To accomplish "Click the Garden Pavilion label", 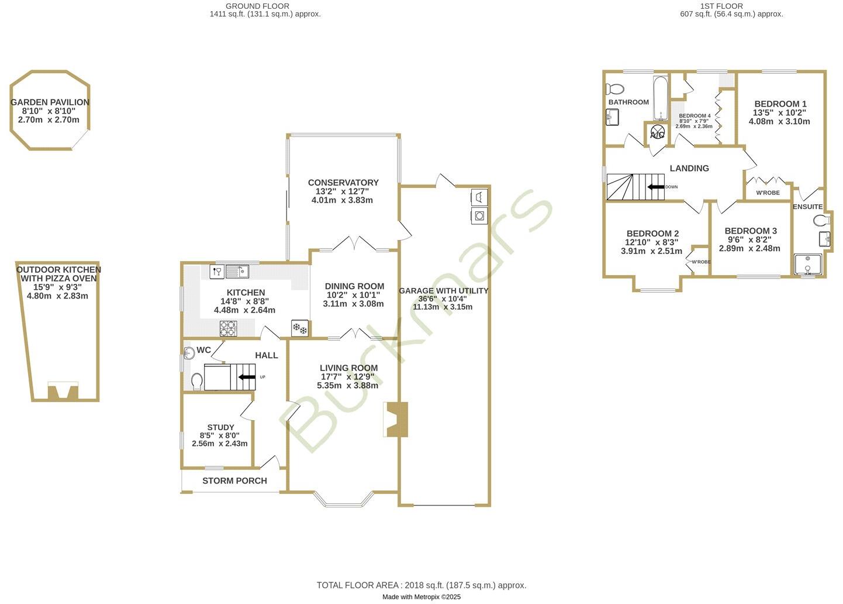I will (x=50, y=102).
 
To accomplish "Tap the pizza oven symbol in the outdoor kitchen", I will (x=62, y=390).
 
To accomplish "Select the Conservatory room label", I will (x=343, y=183).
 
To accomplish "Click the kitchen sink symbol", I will (x=237, y=272).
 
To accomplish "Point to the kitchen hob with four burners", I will (x=228, y=329).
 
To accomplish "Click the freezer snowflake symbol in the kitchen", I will (x=299, y=329).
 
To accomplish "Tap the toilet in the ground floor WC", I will (x=196, y=381).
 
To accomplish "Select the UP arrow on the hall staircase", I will (x=247, y=376).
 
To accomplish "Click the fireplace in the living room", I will (x=395, y=419).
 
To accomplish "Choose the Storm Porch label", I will (x=234, y=481).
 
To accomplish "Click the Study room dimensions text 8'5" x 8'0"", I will (x=220, y=435).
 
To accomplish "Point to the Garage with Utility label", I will (x=443, y=290).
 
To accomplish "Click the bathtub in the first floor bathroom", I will (x=661, y=98).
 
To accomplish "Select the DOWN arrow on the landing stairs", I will (x=655, y=187).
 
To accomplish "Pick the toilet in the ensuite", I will (x=821, y=221).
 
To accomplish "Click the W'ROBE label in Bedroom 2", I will (x=701, y=262).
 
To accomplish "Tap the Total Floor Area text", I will (x=421, y=585).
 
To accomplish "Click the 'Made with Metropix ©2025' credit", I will (x=421, y=597).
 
